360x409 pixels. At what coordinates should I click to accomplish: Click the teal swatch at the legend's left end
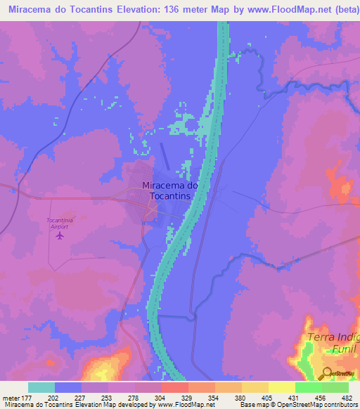(41, 387)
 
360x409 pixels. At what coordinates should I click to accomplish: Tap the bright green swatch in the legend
(309, 387)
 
